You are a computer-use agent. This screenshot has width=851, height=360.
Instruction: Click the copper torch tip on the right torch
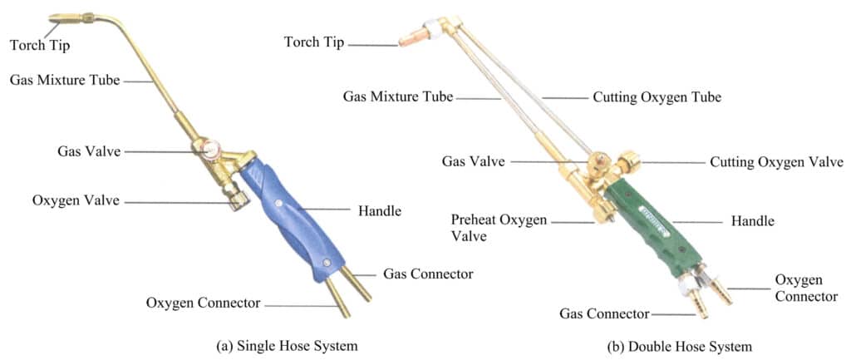413,37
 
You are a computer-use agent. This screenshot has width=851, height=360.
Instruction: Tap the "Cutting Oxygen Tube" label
657,97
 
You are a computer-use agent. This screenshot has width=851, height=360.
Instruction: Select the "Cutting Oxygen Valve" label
776,162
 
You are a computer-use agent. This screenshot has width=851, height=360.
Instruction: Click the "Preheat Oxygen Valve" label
499,227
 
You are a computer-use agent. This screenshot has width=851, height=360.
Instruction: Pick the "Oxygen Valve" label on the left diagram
76,201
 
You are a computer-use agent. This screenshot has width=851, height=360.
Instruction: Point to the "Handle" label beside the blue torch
379,211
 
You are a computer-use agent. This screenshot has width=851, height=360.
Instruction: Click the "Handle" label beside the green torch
752,221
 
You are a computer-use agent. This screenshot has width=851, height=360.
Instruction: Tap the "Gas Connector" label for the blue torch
428,274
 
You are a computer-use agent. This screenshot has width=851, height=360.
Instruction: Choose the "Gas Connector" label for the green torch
603,313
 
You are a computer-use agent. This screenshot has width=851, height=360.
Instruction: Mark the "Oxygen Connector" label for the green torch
805,288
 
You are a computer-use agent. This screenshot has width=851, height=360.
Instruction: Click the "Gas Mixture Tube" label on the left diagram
65,81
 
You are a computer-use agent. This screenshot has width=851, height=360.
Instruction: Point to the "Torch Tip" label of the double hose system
313,42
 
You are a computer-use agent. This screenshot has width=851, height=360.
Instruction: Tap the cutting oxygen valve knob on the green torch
628,160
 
